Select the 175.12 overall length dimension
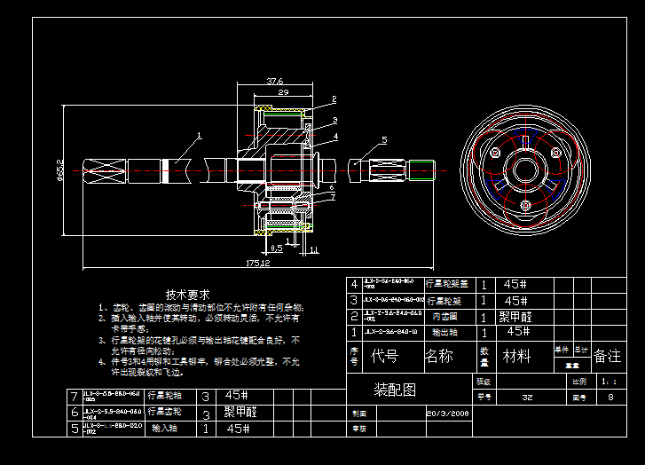257,264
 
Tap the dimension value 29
283,92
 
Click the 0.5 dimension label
276,248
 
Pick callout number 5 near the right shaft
384,139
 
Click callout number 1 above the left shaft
200,136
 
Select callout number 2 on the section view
334,99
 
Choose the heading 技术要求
187,294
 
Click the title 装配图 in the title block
395,390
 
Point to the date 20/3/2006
447,413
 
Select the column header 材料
517,356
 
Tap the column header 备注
608,356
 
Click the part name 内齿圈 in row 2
444,316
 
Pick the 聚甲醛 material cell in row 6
240,412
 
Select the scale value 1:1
609,381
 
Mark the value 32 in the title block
528,398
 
